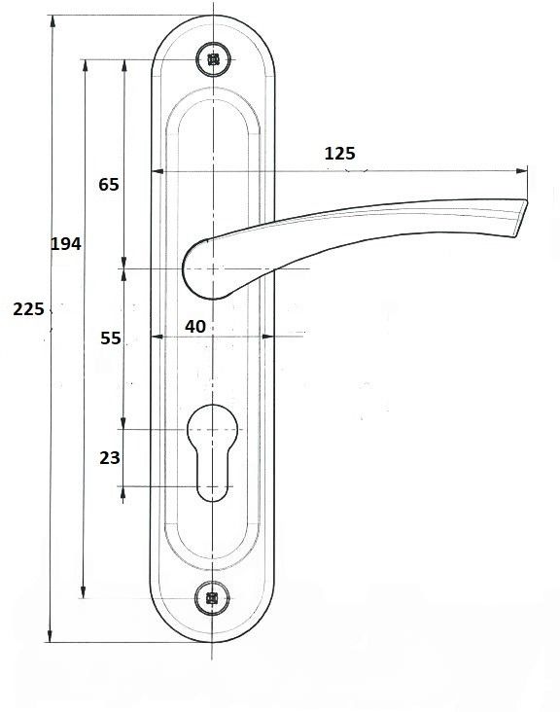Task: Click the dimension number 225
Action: click(28, 309)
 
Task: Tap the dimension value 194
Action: click(66, 244)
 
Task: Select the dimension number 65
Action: click(109, 185)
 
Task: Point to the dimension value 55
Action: click(111, 338)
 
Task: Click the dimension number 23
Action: click(110, 458)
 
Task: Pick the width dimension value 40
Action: click(195, 327)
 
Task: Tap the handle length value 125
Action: click(340, 154)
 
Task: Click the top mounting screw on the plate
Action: click(213, 59)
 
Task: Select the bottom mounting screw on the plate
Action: click(212, 598)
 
